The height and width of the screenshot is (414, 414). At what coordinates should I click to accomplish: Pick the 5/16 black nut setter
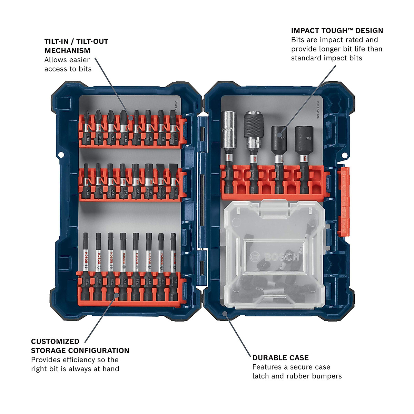click(303, 141)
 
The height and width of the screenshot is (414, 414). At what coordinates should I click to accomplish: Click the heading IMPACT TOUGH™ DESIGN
click(337, 31)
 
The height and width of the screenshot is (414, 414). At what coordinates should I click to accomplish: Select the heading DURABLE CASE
click(280, 358)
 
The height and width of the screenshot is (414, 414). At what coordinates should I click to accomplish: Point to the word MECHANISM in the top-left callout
click(67, 50)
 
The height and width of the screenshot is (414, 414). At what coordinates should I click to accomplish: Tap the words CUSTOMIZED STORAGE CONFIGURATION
click(80, 346)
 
